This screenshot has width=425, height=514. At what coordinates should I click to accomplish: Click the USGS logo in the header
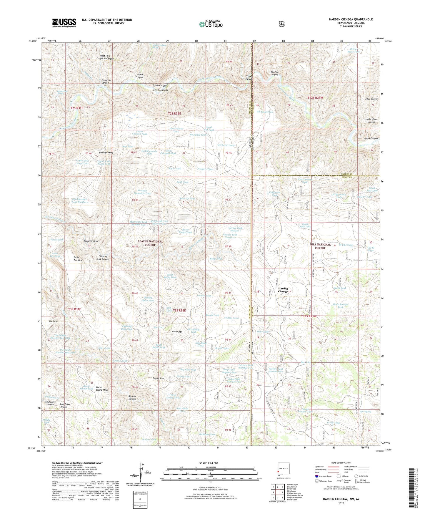pos(64,22)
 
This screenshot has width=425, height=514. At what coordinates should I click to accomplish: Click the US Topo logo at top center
pos(211,24)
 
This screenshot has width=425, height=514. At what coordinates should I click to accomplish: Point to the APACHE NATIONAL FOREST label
pos(150,243)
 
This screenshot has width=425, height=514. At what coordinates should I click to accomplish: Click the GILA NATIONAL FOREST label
pos(320,246)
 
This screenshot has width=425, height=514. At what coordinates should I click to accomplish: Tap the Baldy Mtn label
pos(177,332)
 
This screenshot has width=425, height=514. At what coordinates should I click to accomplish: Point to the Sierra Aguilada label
pos(160,90)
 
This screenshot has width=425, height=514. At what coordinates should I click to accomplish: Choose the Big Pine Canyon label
pos(274,73)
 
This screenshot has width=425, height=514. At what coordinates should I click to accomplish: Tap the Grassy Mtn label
pos(158,378)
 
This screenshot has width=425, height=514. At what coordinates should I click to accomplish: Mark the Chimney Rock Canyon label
pos(103,258)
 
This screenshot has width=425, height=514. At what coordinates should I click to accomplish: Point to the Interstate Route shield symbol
pos(317,476)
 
